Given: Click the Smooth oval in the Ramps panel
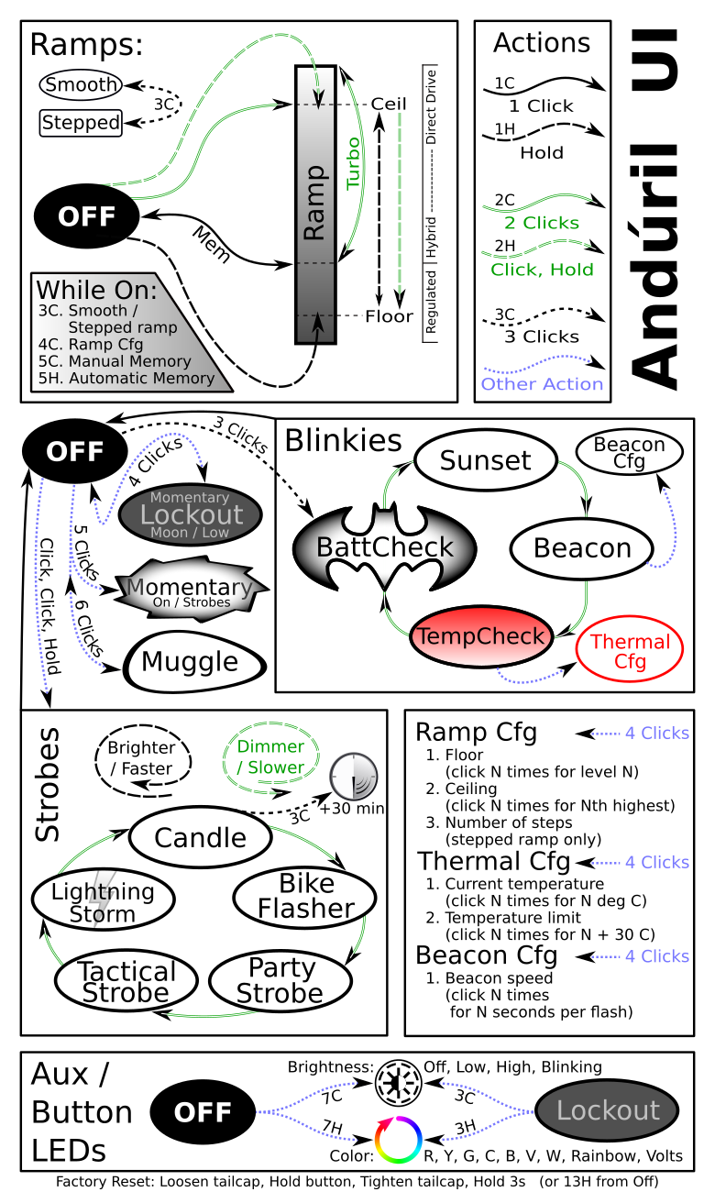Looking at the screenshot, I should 82,85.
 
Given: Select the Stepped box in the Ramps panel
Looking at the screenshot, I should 82,122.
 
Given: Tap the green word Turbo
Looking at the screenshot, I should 353,163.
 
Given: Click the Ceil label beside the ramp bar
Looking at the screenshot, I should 388,104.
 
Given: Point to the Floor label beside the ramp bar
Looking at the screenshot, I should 390,316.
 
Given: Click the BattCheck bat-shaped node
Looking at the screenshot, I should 384,548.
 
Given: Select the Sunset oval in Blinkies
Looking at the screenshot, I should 485,460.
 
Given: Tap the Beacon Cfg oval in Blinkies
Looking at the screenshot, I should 629,453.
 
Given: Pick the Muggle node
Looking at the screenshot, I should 192,662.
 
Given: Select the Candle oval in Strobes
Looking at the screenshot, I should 200,837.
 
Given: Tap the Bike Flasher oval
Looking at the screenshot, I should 305,897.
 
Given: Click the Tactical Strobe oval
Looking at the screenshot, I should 126,982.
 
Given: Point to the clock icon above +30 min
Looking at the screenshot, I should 353,776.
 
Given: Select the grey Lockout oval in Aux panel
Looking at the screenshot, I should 607,1110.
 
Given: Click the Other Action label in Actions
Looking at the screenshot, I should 542,384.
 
